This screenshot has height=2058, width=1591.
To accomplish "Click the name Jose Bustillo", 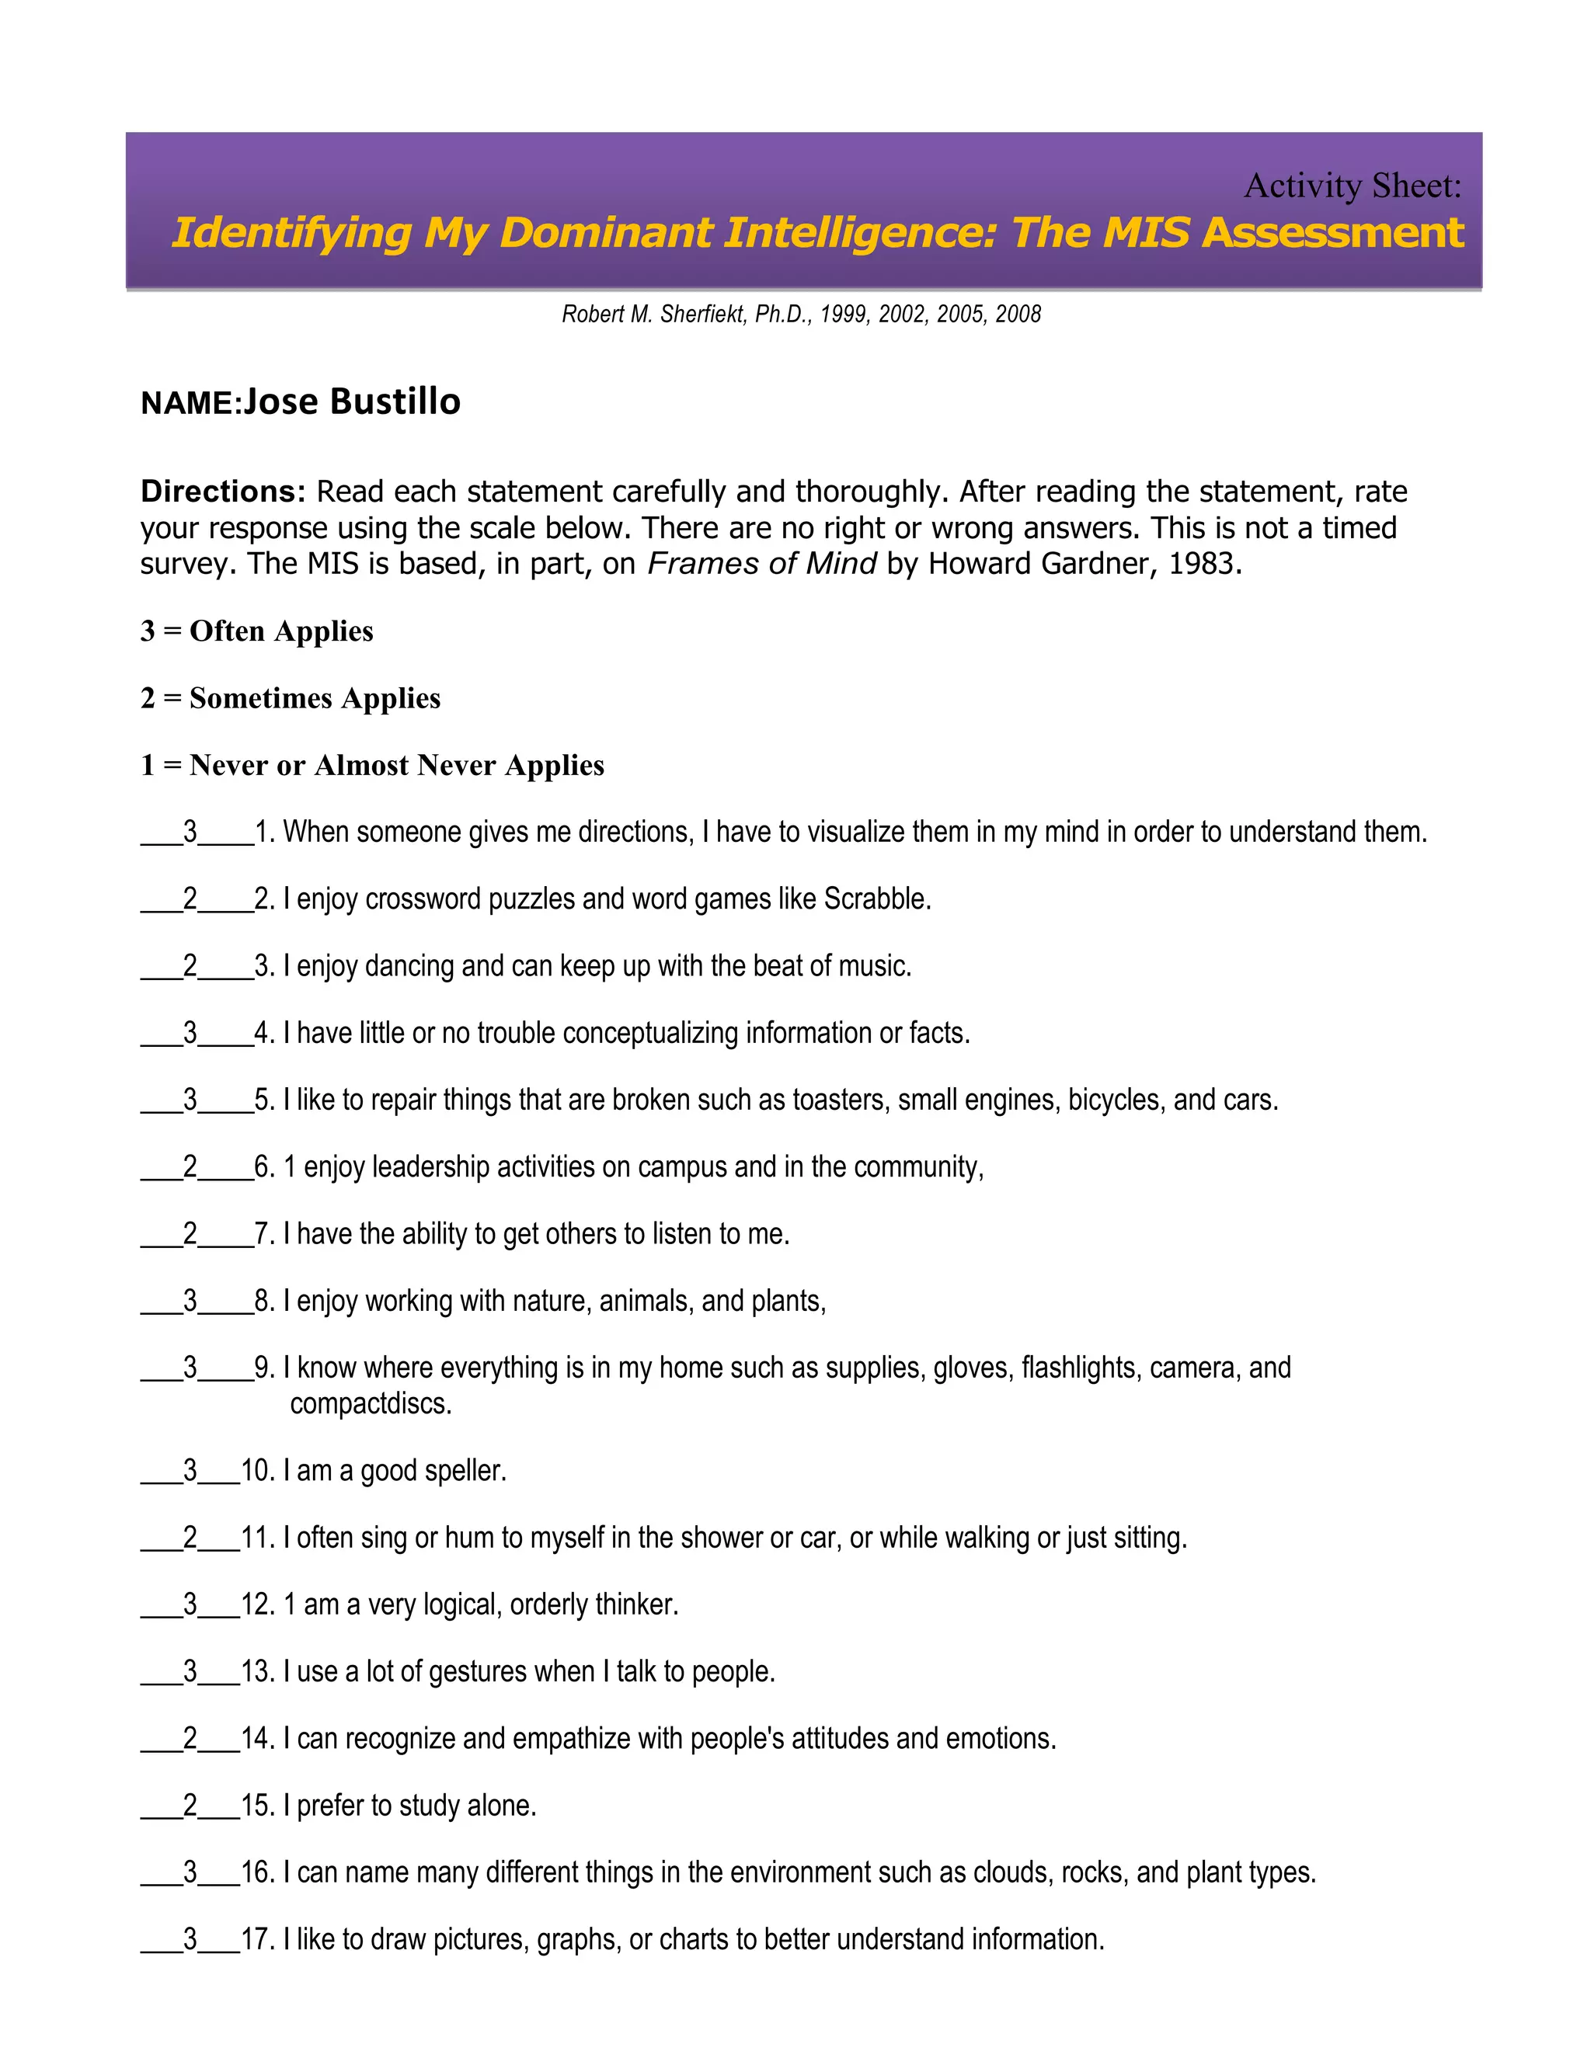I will (352, 402).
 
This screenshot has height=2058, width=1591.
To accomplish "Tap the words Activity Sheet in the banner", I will (1352, 186).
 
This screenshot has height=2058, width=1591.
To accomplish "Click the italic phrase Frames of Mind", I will (761, 564).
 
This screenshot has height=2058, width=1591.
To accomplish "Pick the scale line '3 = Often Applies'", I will (256, 631).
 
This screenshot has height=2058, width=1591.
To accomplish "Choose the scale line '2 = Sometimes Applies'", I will (291, 698).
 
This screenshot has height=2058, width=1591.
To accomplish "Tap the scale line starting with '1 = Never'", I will (372, 765).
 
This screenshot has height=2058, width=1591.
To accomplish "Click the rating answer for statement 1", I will (190, 831).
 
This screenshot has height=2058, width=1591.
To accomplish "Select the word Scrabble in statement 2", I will (876, 899).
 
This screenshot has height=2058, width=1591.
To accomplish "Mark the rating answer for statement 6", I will (190, 1166).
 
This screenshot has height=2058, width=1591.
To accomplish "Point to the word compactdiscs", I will (371, 1404).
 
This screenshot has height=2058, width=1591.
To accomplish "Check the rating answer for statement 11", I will (190, 1538).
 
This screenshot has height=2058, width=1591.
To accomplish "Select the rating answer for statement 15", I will (190, 1806).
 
